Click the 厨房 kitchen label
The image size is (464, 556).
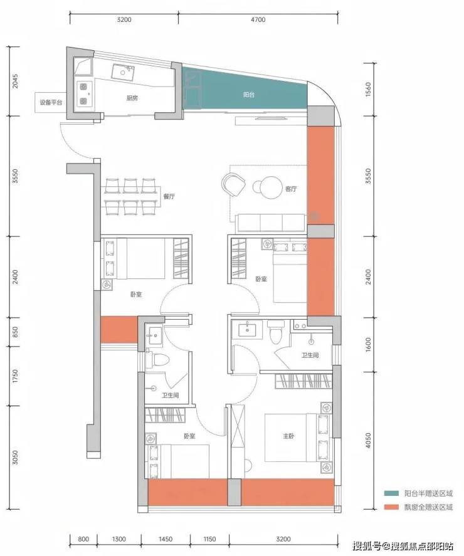132,98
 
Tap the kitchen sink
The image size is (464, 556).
123,72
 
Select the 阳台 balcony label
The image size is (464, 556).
249,95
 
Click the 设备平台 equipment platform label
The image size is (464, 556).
51,102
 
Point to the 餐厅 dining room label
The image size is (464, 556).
169,196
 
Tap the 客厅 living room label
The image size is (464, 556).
291,189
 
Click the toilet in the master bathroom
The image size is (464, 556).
276,331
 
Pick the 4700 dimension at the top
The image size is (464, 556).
258,19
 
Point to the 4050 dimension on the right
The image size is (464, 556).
368,441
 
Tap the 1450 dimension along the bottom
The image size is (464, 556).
166,539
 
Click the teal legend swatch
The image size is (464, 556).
391,493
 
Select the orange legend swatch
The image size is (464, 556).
391,507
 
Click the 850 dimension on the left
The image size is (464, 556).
14,332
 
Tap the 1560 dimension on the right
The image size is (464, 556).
368,89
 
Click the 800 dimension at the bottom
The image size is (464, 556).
83,539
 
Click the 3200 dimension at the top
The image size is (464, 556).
124,19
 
